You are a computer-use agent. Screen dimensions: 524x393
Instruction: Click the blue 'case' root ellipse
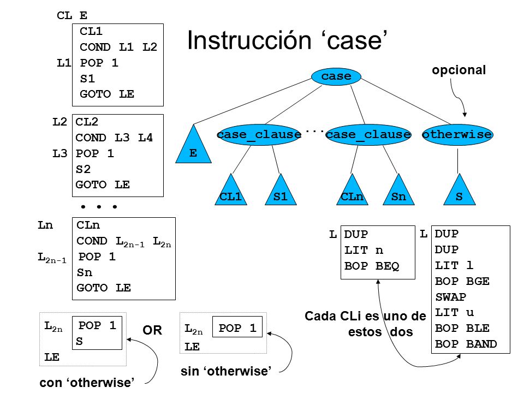point(336,76)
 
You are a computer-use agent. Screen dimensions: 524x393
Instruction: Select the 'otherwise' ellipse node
point(457,135)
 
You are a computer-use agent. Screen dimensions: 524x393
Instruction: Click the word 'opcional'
point(459,70)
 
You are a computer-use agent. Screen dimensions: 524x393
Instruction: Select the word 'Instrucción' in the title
point(249,40)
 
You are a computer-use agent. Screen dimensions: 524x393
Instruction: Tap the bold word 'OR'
point(152,330)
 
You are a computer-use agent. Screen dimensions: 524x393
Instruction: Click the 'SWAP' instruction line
point(450,297)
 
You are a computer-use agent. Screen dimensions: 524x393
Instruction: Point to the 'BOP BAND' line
point(466,344)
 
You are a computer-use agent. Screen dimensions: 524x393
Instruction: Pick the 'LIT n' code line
point(364,250)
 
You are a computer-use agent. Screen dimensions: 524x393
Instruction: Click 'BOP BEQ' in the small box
point(372,266)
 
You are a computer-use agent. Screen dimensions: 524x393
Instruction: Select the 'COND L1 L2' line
point(118,47)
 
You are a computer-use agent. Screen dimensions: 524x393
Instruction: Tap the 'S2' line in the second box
point(83,169)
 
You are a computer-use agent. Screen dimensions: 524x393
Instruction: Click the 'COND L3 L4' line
point(114,138)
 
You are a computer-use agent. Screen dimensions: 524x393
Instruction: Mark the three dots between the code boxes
point(99,207)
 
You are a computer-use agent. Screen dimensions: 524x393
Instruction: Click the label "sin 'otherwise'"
point(226,371)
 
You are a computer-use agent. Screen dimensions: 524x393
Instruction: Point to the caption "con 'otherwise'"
point(87,382)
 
